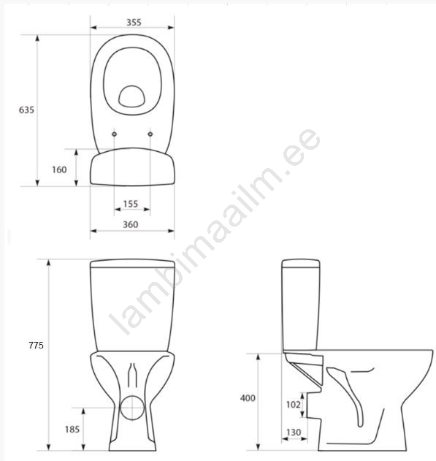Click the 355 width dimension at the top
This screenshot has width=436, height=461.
(134, 23)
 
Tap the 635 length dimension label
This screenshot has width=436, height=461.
(26, 110)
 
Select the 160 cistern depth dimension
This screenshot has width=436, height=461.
(59, 169)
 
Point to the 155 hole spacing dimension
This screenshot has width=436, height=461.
(131, 204)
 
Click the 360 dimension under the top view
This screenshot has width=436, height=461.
(131, 224)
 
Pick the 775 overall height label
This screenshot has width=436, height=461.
(36, 345)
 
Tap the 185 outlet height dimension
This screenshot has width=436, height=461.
(72, 430)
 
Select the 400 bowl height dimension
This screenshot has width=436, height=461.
(248, 398)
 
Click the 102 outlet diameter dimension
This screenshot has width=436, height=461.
(293, 405)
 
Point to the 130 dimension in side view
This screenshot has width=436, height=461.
(294, 433)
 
